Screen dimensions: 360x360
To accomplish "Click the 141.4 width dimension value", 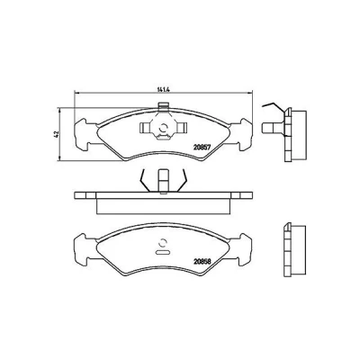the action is pos(163,89).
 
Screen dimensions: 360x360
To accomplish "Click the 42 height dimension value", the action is pos(55,134).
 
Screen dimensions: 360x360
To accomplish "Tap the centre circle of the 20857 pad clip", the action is pos(164,128).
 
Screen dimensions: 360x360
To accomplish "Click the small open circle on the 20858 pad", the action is pos(163,243).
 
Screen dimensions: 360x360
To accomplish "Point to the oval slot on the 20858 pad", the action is pos(163,252).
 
